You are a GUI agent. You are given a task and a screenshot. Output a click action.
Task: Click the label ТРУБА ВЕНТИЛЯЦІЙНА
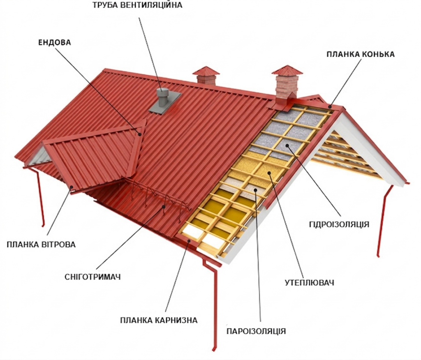137,5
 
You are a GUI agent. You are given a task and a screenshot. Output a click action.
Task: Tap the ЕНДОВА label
55,42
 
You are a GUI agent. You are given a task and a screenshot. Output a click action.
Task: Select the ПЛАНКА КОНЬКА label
361,54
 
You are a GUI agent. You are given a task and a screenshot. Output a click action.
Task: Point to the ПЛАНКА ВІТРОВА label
41,245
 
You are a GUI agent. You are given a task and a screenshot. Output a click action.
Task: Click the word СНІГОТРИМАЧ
93,277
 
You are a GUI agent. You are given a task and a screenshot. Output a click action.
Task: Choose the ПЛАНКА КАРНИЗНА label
159,320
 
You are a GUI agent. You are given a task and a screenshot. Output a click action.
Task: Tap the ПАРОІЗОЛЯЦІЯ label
256,331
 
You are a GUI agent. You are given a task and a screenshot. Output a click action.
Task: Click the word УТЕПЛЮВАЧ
309,283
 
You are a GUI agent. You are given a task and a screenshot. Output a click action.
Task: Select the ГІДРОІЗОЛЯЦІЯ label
339,224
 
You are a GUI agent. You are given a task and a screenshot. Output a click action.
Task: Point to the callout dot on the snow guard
164,206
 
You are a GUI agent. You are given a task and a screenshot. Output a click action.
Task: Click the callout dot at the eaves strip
189,241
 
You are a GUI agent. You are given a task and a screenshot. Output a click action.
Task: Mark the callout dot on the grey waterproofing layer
287,145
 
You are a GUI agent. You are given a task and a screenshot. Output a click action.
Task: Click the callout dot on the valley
140,134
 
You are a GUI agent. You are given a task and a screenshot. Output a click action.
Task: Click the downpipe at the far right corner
384,220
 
